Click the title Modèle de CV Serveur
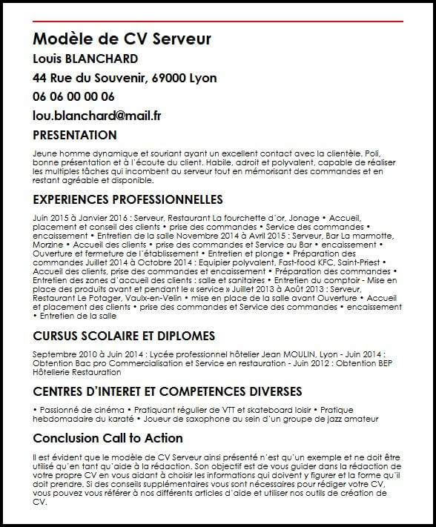[x=122, y=38]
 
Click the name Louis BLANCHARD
[x=85, y=59]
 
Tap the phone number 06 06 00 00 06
[x=73, y=96]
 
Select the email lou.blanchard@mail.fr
[x=97, y=116]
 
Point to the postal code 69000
[x=171, y=78]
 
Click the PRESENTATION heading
[x=75, y=135]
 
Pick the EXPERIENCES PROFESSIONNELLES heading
[x=128, y=199]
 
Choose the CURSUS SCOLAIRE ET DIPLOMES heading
[x=124, y=336]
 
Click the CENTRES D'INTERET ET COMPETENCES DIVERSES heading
[x=167, y=391]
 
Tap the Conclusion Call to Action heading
[x=108, y=438]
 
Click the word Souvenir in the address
[x=119, y=78]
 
